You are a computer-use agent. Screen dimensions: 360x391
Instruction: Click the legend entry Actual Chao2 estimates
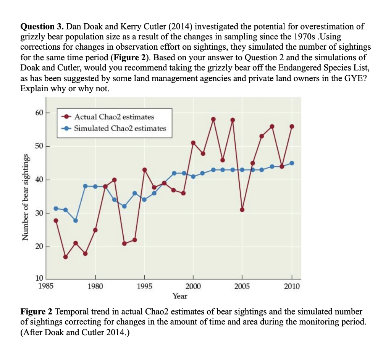tap(114, 116)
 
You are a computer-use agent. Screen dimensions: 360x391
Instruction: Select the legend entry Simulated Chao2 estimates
tap(120, 128)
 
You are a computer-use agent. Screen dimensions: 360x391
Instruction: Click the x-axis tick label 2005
tap(242, 286)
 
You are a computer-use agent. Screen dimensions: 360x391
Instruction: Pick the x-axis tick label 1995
tap(144, 286)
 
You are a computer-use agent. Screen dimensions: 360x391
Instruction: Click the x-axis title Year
tap(180, 296)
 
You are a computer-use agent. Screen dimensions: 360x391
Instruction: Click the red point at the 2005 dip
tap(242, 210)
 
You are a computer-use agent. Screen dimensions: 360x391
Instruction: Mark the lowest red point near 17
tap(65, 257)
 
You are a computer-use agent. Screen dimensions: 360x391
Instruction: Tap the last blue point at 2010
tap(292, 163)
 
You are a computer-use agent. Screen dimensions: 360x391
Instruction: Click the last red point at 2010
tap(292, 126)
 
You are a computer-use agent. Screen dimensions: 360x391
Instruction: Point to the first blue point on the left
tap(56, 208)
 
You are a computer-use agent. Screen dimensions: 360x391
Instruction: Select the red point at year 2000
tap(193, 143)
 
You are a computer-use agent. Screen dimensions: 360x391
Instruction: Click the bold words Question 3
tap(42, 27)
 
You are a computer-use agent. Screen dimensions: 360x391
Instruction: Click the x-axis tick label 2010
tap(292, 286)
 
